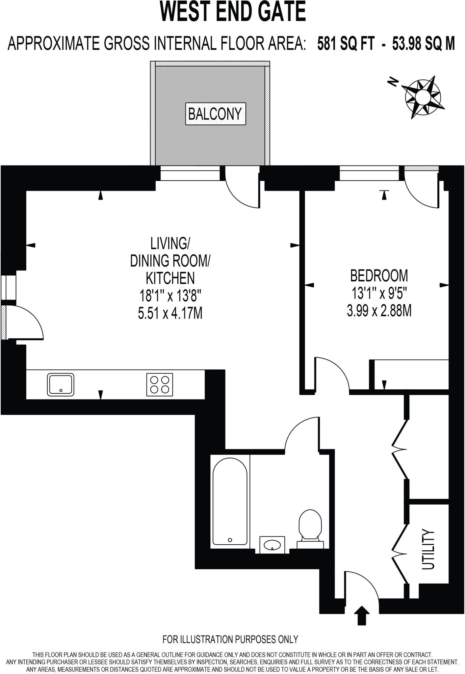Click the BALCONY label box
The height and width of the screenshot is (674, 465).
pos(216,114)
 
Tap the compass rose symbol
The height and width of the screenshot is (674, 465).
pos(423,97)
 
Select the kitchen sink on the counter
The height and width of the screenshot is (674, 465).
pos(61,384)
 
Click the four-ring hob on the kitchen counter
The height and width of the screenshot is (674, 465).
pos(160,384)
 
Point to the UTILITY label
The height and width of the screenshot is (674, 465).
pos(428,549)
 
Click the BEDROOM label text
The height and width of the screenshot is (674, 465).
pos(379,275)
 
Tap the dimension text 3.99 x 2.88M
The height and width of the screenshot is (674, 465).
pos(379,310)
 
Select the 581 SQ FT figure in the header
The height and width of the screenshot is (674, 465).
pos(346,43)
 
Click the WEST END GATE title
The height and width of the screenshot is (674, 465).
pos(233,12)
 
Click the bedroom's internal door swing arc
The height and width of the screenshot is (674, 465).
pos(332,374)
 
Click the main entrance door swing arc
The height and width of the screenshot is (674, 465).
pos(362,587)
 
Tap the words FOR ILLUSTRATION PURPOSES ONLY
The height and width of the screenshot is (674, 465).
pos(230,639)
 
